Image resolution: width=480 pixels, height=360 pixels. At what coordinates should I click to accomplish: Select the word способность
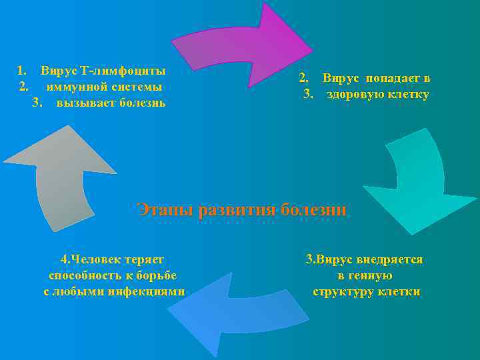pyautogui.click(x=81, y=275)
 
